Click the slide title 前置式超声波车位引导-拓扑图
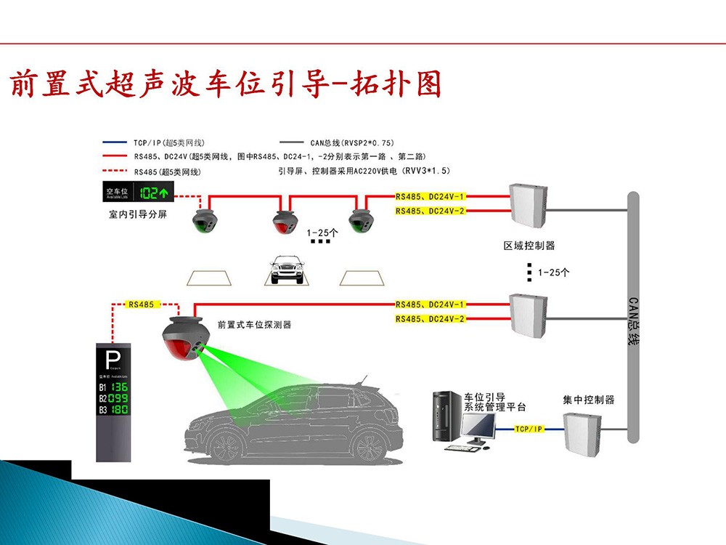point(225,84)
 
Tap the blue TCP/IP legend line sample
point(115,143)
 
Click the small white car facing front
point(286,270)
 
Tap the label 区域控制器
point(529,246)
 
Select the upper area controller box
point(528,206)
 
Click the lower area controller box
point(528,313)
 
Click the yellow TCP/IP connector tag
point(528,429)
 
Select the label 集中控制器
point(589,400)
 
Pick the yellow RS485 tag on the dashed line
point(141,304)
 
